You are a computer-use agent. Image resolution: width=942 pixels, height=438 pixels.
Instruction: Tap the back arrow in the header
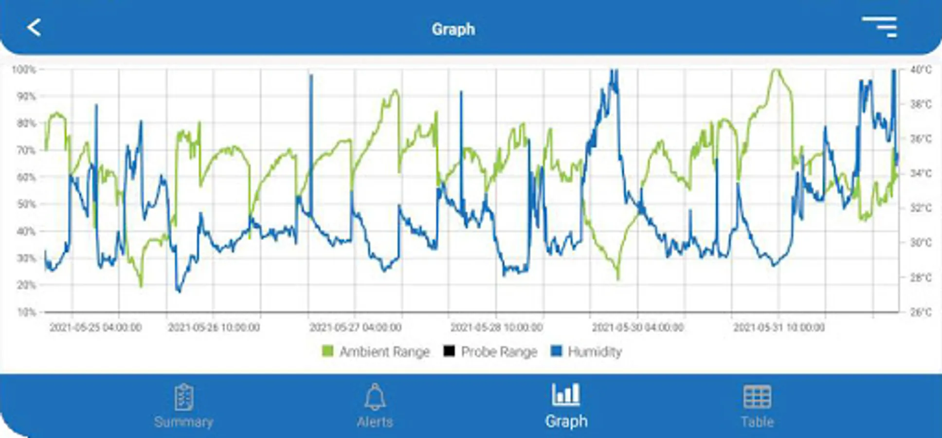(x=34, y=28)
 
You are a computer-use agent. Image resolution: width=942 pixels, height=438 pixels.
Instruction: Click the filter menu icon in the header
(x=880, y=27)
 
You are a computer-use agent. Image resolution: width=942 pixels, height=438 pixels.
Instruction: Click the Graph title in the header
(x=453, y=29)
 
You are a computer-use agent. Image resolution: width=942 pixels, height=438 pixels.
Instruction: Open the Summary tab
(x=183, y=406)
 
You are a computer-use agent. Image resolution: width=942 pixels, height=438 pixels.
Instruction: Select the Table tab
(x=757, y=406)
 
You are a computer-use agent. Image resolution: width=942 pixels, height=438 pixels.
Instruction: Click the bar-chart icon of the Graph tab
(x=565, y=395)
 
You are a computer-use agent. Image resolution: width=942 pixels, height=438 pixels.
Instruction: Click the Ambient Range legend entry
(x=376, y=351)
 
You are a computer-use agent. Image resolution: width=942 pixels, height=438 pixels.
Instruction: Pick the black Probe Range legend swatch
(x=449, y=351)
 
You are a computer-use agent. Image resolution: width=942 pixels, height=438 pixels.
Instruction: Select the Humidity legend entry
(x=586, y=351)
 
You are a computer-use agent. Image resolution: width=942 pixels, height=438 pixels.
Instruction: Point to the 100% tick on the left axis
(x=24, y=70)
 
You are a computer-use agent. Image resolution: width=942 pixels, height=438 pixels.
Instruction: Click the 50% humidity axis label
(x=26, y=204)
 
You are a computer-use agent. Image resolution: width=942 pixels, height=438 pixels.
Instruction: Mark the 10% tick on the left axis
(x=26, y=312)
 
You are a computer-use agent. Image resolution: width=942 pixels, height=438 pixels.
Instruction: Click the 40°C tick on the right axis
(x=921, y=70)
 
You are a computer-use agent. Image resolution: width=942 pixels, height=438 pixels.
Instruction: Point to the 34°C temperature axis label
(x=921, y=174)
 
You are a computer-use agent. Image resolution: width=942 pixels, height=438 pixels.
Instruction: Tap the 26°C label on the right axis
(x=921, y=312)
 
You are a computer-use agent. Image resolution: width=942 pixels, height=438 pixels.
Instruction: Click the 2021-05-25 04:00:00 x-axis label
(x=95, y=328)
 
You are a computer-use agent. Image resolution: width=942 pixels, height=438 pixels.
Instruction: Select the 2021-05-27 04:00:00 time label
(x=355, y=328)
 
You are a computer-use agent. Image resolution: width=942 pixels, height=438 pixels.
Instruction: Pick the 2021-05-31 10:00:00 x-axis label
(x=779, y=328)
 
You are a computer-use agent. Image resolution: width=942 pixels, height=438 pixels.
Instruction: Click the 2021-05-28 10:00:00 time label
(x=496, y=328)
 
